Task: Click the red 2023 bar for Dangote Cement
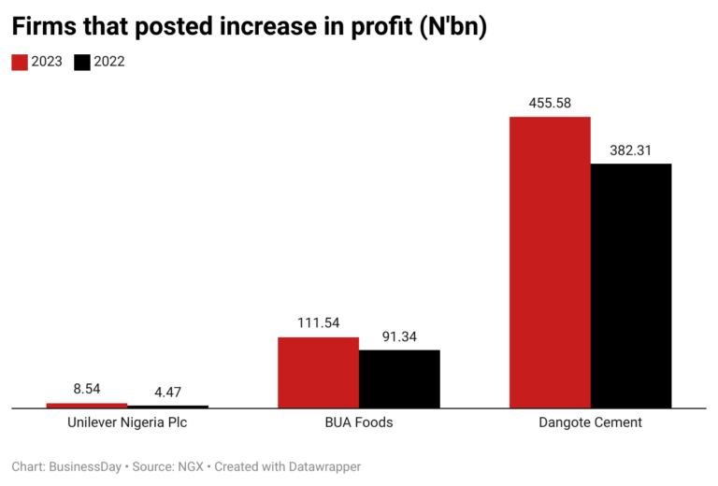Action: click(550, 263)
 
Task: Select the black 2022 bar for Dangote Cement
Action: click(631, 286)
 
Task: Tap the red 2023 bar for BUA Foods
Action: click(318, 372)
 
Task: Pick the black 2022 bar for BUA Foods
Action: click(399, 379)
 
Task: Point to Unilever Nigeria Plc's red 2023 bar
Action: click(87, 406)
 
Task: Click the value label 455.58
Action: click(550, 102)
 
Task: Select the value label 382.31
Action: click(631, 149)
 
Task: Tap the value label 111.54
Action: click(318, 322)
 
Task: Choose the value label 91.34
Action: click(399, 336)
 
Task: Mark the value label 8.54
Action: click(87, 389)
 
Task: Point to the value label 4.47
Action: click(168, 392)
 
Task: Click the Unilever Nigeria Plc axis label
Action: click(127, 422)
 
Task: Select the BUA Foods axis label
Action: click(359, 422)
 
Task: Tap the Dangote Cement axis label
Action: click(591, 422)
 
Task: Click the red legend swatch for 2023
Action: click(20, 63)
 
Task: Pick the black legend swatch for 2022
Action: click(82, 63)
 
